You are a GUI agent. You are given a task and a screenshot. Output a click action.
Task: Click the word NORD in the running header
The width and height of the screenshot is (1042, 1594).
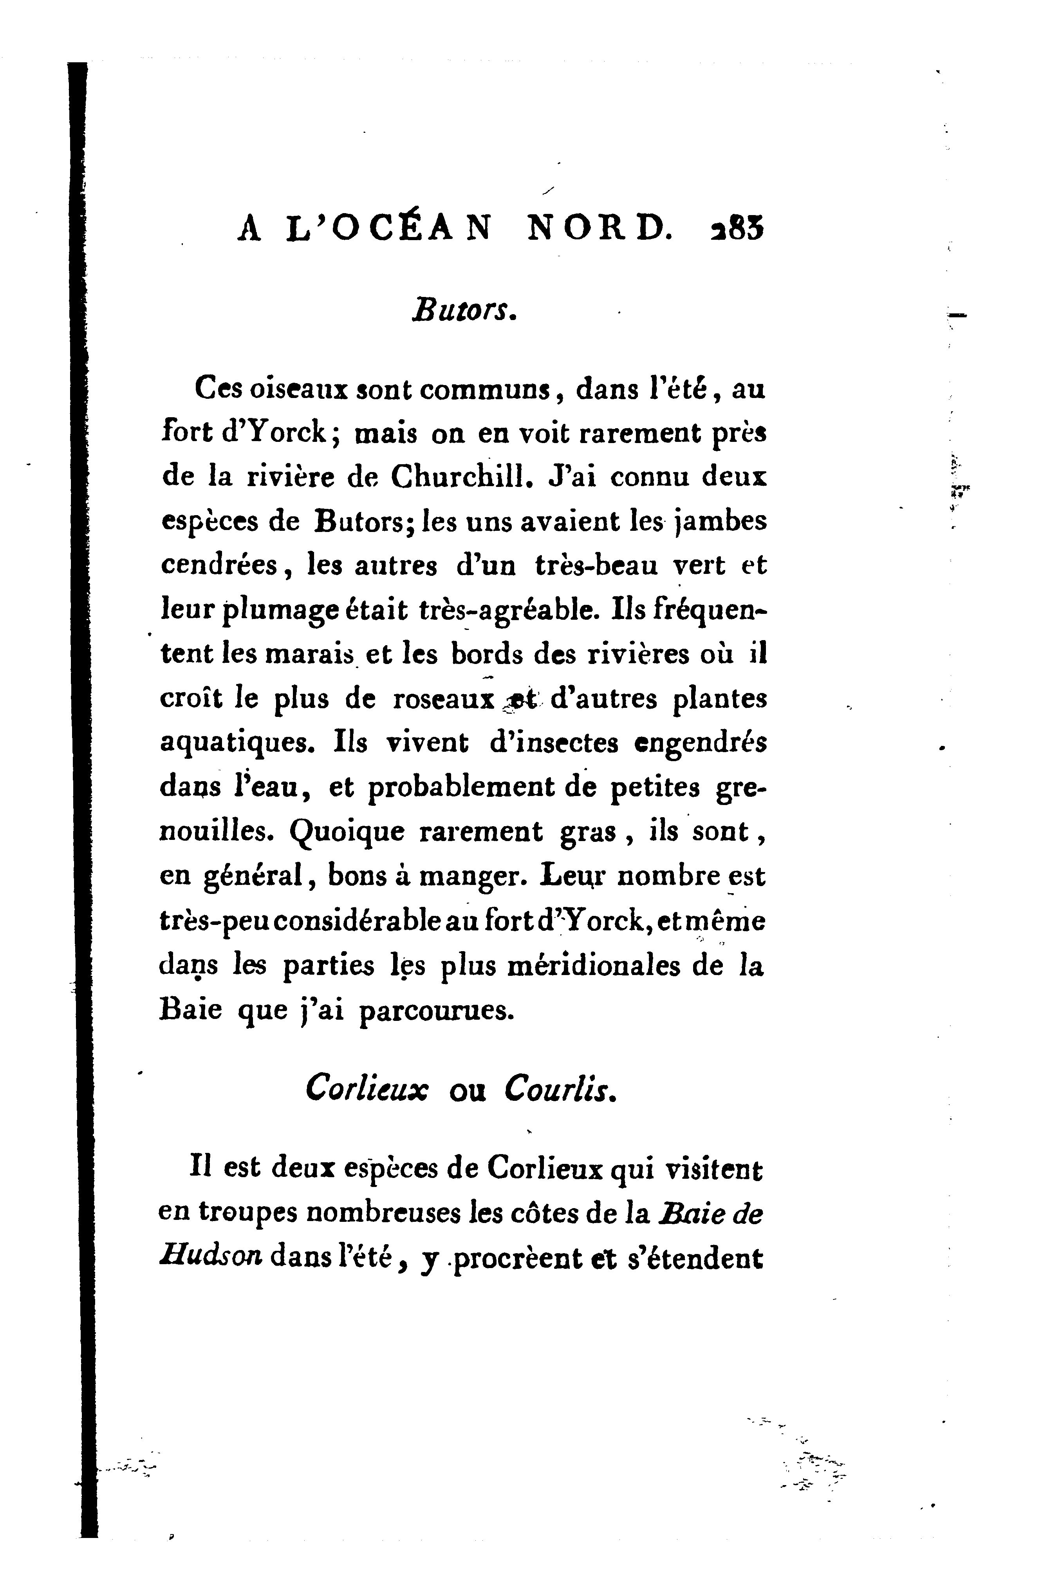tap(600, 230)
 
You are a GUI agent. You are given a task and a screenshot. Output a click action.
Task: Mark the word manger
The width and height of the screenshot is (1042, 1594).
tap(477, 877)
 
